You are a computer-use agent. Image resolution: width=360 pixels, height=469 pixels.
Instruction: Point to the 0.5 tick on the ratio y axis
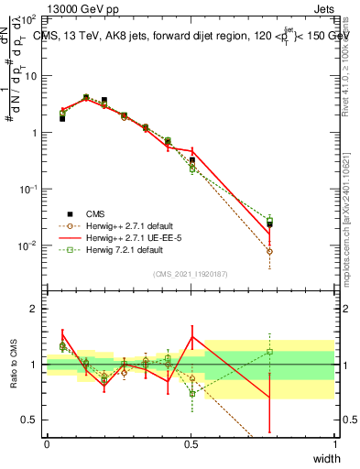[x=32, y=420]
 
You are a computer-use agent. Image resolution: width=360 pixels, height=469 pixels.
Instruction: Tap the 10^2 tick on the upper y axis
[x=30, y=19]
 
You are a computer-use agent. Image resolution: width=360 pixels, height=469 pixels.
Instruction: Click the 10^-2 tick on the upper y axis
[x=30, y=245]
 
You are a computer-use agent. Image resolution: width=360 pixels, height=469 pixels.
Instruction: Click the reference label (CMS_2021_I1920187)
[x=191, y=274]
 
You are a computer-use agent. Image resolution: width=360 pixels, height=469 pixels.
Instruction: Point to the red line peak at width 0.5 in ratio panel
[x=191, y=336]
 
